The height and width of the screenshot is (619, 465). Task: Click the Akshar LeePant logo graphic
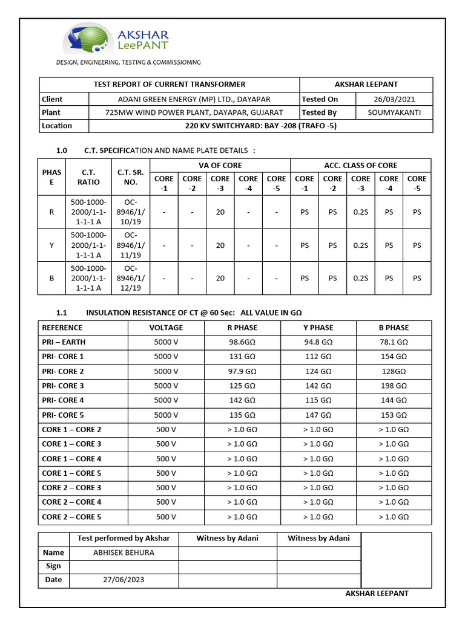click(87, 39)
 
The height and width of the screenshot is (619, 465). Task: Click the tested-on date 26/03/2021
click(394, 99)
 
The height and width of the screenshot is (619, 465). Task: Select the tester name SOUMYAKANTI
click(394, 112)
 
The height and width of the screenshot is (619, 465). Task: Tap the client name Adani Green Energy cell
click(194, 99)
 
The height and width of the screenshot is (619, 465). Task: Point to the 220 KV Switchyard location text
click(260, 126)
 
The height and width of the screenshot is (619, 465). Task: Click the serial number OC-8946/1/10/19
click(135, 212)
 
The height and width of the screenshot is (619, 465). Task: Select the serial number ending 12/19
click(135, 278)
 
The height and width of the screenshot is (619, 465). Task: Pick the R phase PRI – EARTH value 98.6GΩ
click(242, 342)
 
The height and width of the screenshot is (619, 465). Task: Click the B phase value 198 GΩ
click(394, 386)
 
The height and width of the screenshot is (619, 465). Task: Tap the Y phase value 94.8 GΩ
click(318, 342)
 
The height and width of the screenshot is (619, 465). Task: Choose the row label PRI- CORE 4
click(63, 400)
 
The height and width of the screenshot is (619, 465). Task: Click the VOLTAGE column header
click(166, 328)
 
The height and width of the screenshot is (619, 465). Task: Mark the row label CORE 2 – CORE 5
click(71, 517)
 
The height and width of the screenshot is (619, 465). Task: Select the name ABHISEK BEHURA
click(124, 553)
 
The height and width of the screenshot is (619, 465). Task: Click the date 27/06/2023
click(124, 579)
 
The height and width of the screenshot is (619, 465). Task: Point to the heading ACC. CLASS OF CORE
click(360, 165)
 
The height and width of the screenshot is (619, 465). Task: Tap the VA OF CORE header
click(220, 165)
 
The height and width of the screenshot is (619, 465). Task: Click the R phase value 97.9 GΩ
click(242, 371)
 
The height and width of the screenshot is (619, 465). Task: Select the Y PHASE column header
click(318, 328)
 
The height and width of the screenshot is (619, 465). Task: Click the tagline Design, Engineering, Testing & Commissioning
click(128, 62)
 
